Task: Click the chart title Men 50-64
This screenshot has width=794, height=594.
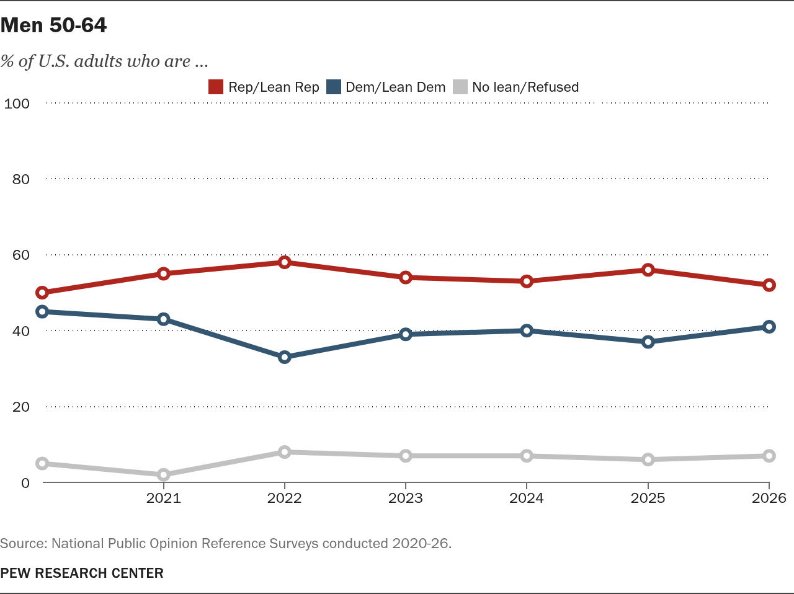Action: [53, 25]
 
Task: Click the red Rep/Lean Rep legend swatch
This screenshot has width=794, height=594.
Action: [216, 87]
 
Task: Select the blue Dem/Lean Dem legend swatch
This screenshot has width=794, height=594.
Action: [334, 87]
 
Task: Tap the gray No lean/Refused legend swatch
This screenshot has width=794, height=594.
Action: [460, 87]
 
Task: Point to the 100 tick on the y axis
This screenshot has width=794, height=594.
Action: [17, 104]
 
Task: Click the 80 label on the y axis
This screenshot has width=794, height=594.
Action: [21, 179]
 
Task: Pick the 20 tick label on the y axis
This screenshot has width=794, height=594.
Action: [21, 407]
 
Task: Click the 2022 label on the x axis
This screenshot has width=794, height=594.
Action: [284, 498]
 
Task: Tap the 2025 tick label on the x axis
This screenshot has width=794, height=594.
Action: [648, 498]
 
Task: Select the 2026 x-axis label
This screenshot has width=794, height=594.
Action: [769, 498]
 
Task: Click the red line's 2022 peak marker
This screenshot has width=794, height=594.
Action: [285, 262]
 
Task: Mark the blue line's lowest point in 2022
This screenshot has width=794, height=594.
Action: [285, 357]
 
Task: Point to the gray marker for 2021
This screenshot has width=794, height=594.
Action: [164, 475]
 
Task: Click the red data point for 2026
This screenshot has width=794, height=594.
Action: [769, 285]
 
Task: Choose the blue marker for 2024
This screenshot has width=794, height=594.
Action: [527, 330]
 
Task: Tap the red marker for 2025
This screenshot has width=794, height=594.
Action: [648, 270]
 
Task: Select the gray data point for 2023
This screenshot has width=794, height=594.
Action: [406, 456]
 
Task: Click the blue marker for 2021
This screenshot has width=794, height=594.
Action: [164, 319]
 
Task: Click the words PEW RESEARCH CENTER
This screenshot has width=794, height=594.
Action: [82, 573]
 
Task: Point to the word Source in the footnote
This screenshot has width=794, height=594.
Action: [23, 543]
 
